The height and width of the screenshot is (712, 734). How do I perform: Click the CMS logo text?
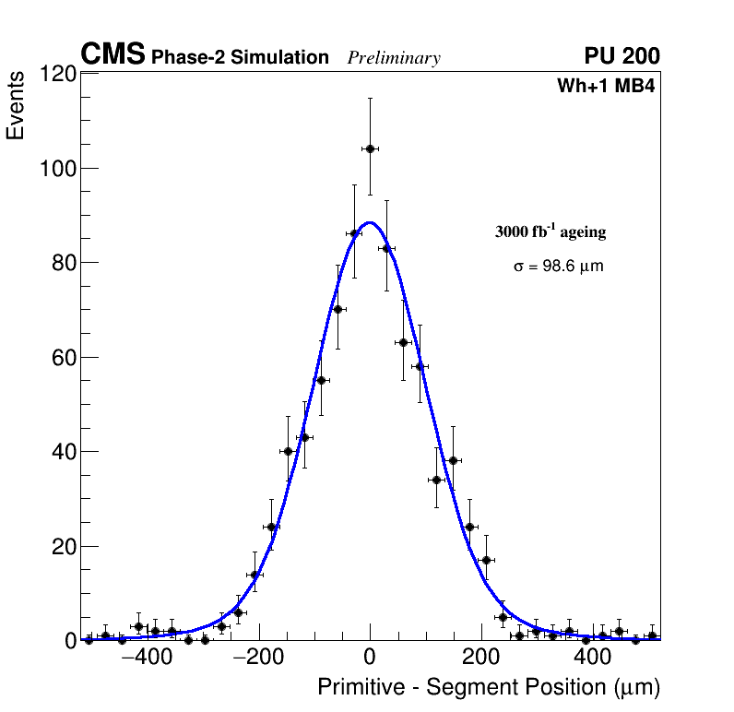coord(112,55)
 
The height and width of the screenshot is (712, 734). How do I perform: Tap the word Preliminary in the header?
coord(394,58)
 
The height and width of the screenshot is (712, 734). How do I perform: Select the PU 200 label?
coord(622,56)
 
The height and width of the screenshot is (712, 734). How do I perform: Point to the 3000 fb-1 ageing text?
coord(550,231)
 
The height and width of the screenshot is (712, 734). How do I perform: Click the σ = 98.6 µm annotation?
coord(559,267)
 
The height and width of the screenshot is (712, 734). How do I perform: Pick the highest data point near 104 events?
coord(370,148)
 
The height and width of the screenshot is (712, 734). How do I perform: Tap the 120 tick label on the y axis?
coord(56,74)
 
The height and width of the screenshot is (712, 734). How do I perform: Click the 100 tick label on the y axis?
coord(56,169)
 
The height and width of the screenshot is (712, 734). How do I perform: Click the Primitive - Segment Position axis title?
coord(488,688)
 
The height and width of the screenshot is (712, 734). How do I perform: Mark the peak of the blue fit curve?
coord(370,222)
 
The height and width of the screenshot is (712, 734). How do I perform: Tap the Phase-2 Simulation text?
coord(240,58)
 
